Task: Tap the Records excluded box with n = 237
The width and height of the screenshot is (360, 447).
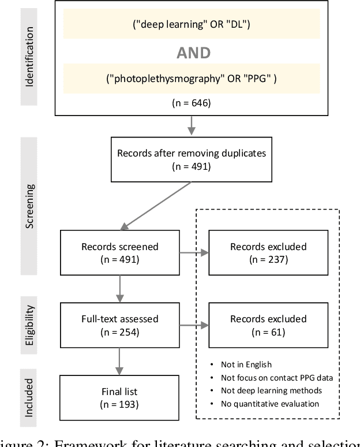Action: (268, 252)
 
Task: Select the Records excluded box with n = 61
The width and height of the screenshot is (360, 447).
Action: (268, 325)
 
